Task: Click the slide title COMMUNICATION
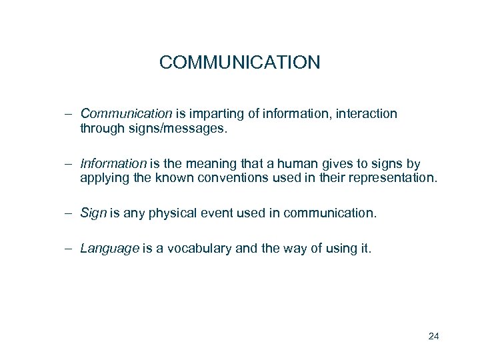[239, 63]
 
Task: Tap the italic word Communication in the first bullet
[121, 114]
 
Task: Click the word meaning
[211, 163]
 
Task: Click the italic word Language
[109, 249]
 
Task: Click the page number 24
[433, 336]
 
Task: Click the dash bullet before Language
[69, 249]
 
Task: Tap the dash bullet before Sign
[69, 213]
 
